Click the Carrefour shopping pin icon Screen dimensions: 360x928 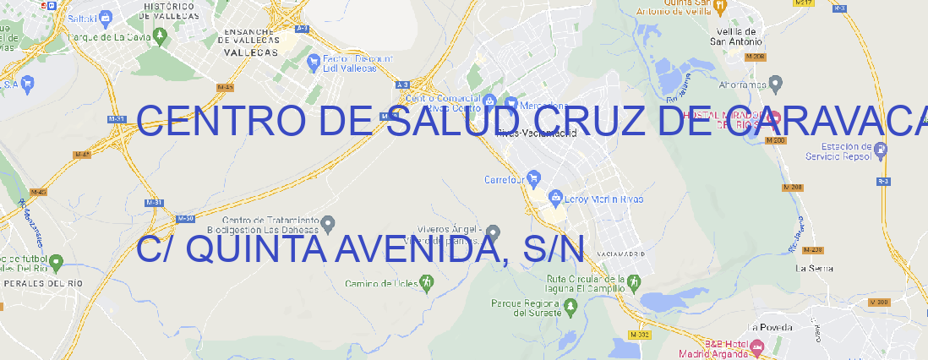[x=535, y=179]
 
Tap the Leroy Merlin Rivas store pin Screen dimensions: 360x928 [x=555, y=199]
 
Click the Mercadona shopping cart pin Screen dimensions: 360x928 [x=510, y=103]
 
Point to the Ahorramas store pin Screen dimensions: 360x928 [x=776, y=84]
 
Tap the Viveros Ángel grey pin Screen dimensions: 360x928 [x=493, y=231]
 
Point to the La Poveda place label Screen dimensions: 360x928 [x=770, y=327]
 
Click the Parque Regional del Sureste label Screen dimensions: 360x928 [x=526, y=308]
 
